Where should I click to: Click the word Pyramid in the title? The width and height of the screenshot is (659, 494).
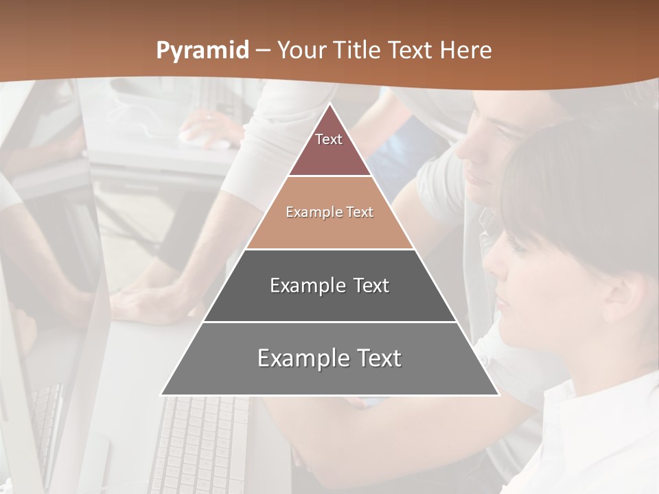203,51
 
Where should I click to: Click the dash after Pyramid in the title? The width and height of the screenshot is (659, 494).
263,51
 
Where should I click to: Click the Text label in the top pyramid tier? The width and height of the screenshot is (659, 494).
329,139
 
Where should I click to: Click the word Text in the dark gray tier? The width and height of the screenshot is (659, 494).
371,285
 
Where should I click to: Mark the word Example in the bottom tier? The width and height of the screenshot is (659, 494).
302,358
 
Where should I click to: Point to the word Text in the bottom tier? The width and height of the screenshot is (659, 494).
378,358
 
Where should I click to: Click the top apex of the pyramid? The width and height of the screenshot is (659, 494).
329,104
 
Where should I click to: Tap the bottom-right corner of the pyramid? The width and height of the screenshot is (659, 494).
498,395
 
